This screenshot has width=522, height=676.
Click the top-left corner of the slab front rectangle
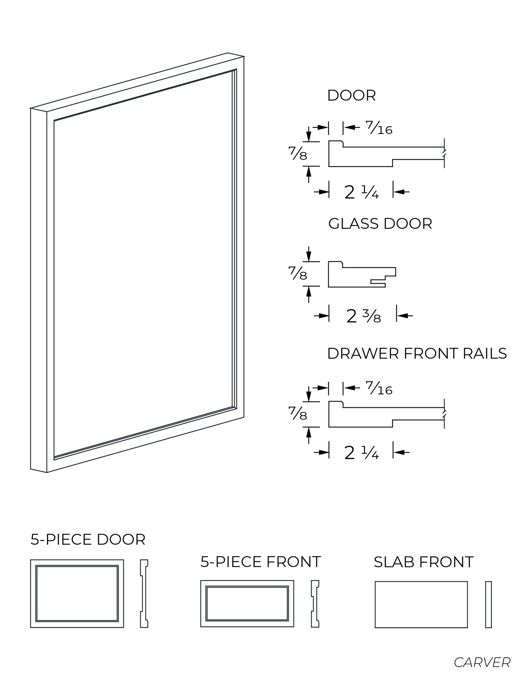[375, 581]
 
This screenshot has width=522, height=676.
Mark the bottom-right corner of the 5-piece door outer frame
[124, 627]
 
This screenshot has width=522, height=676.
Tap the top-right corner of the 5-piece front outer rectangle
[294, 581]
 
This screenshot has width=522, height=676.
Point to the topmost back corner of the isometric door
[228, 53]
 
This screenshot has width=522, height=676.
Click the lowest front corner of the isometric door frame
[47, 473]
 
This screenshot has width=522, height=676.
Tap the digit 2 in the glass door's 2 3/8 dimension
[352, 316]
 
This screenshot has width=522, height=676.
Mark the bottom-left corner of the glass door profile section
[329, 287]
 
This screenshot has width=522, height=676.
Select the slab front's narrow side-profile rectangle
[488, 604]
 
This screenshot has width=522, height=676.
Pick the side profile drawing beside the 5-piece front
[315, 604]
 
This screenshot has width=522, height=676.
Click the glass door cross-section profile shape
[362, 274]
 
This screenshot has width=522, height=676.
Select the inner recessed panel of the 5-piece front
[247, 604]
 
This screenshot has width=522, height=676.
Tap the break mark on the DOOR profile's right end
[444, 153]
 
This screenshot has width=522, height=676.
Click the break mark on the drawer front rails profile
[444, 414]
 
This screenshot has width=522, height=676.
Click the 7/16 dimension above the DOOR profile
[379, 127]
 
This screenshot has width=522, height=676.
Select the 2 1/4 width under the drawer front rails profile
[361, 453]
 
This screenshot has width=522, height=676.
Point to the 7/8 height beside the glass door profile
[298, 273]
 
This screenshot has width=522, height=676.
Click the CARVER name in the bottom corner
[482, 662]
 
